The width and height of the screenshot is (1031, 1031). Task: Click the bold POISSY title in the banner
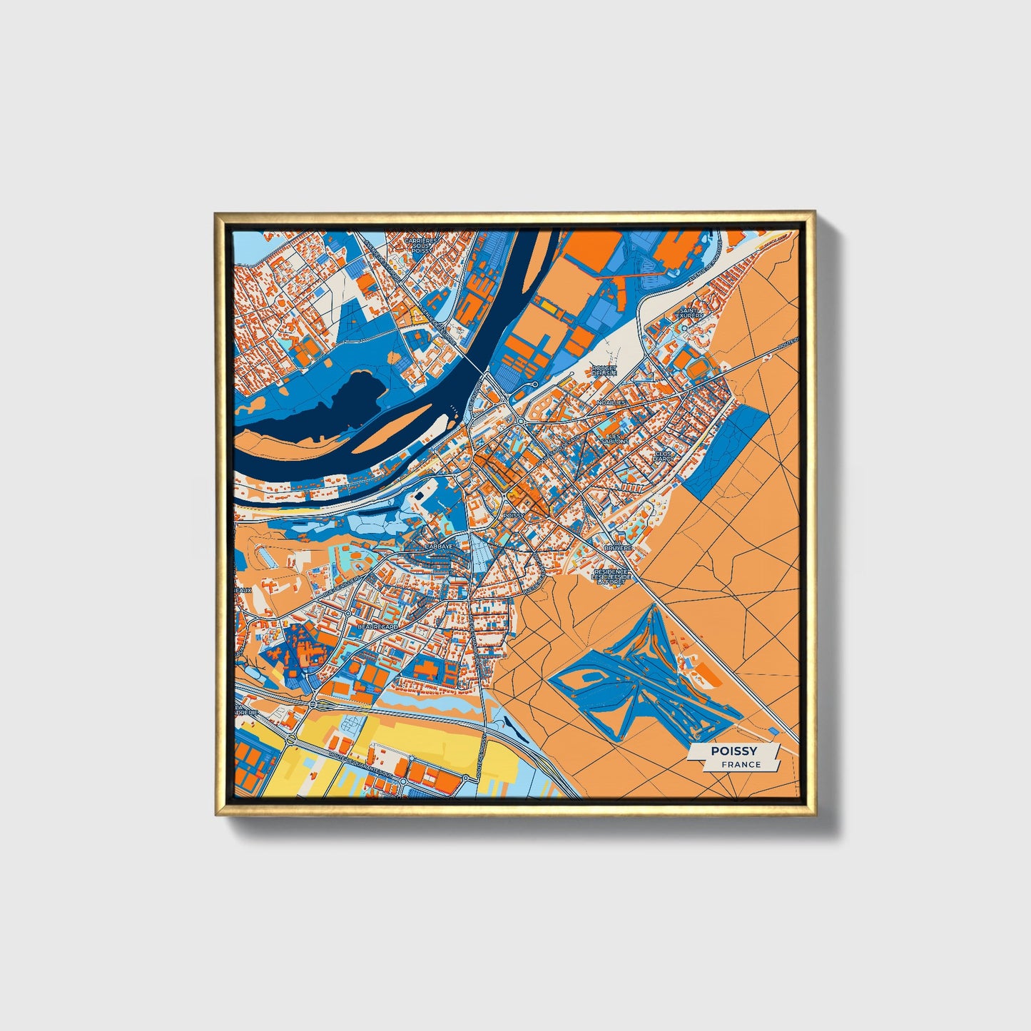click(734, 751)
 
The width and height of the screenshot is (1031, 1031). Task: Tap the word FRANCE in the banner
click(741, 764)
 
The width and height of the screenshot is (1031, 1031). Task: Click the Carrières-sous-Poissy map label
click(417, 246)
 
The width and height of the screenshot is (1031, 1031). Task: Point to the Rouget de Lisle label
click(604, 370)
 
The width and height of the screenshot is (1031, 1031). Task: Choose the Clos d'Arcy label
click(664, 455)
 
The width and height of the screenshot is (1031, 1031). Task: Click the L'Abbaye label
click(439, 546)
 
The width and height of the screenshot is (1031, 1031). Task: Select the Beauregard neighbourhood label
click(377, 626)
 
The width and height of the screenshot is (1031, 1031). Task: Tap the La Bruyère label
click(618, 547)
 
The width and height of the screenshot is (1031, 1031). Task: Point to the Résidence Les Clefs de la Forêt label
click(611, 577)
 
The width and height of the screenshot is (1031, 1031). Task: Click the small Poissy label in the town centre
click(513, 514)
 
